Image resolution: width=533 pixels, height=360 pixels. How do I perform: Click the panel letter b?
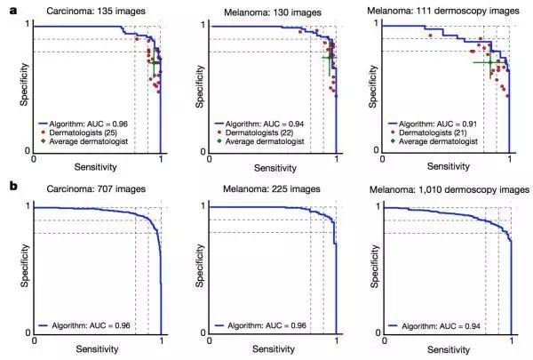pos(12,188)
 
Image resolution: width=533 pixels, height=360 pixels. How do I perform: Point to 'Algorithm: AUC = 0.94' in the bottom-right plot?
pos(439,327)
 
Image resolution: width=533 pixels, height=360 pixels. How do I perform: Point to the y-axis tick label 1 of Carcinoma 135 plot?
pos(28,25)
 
